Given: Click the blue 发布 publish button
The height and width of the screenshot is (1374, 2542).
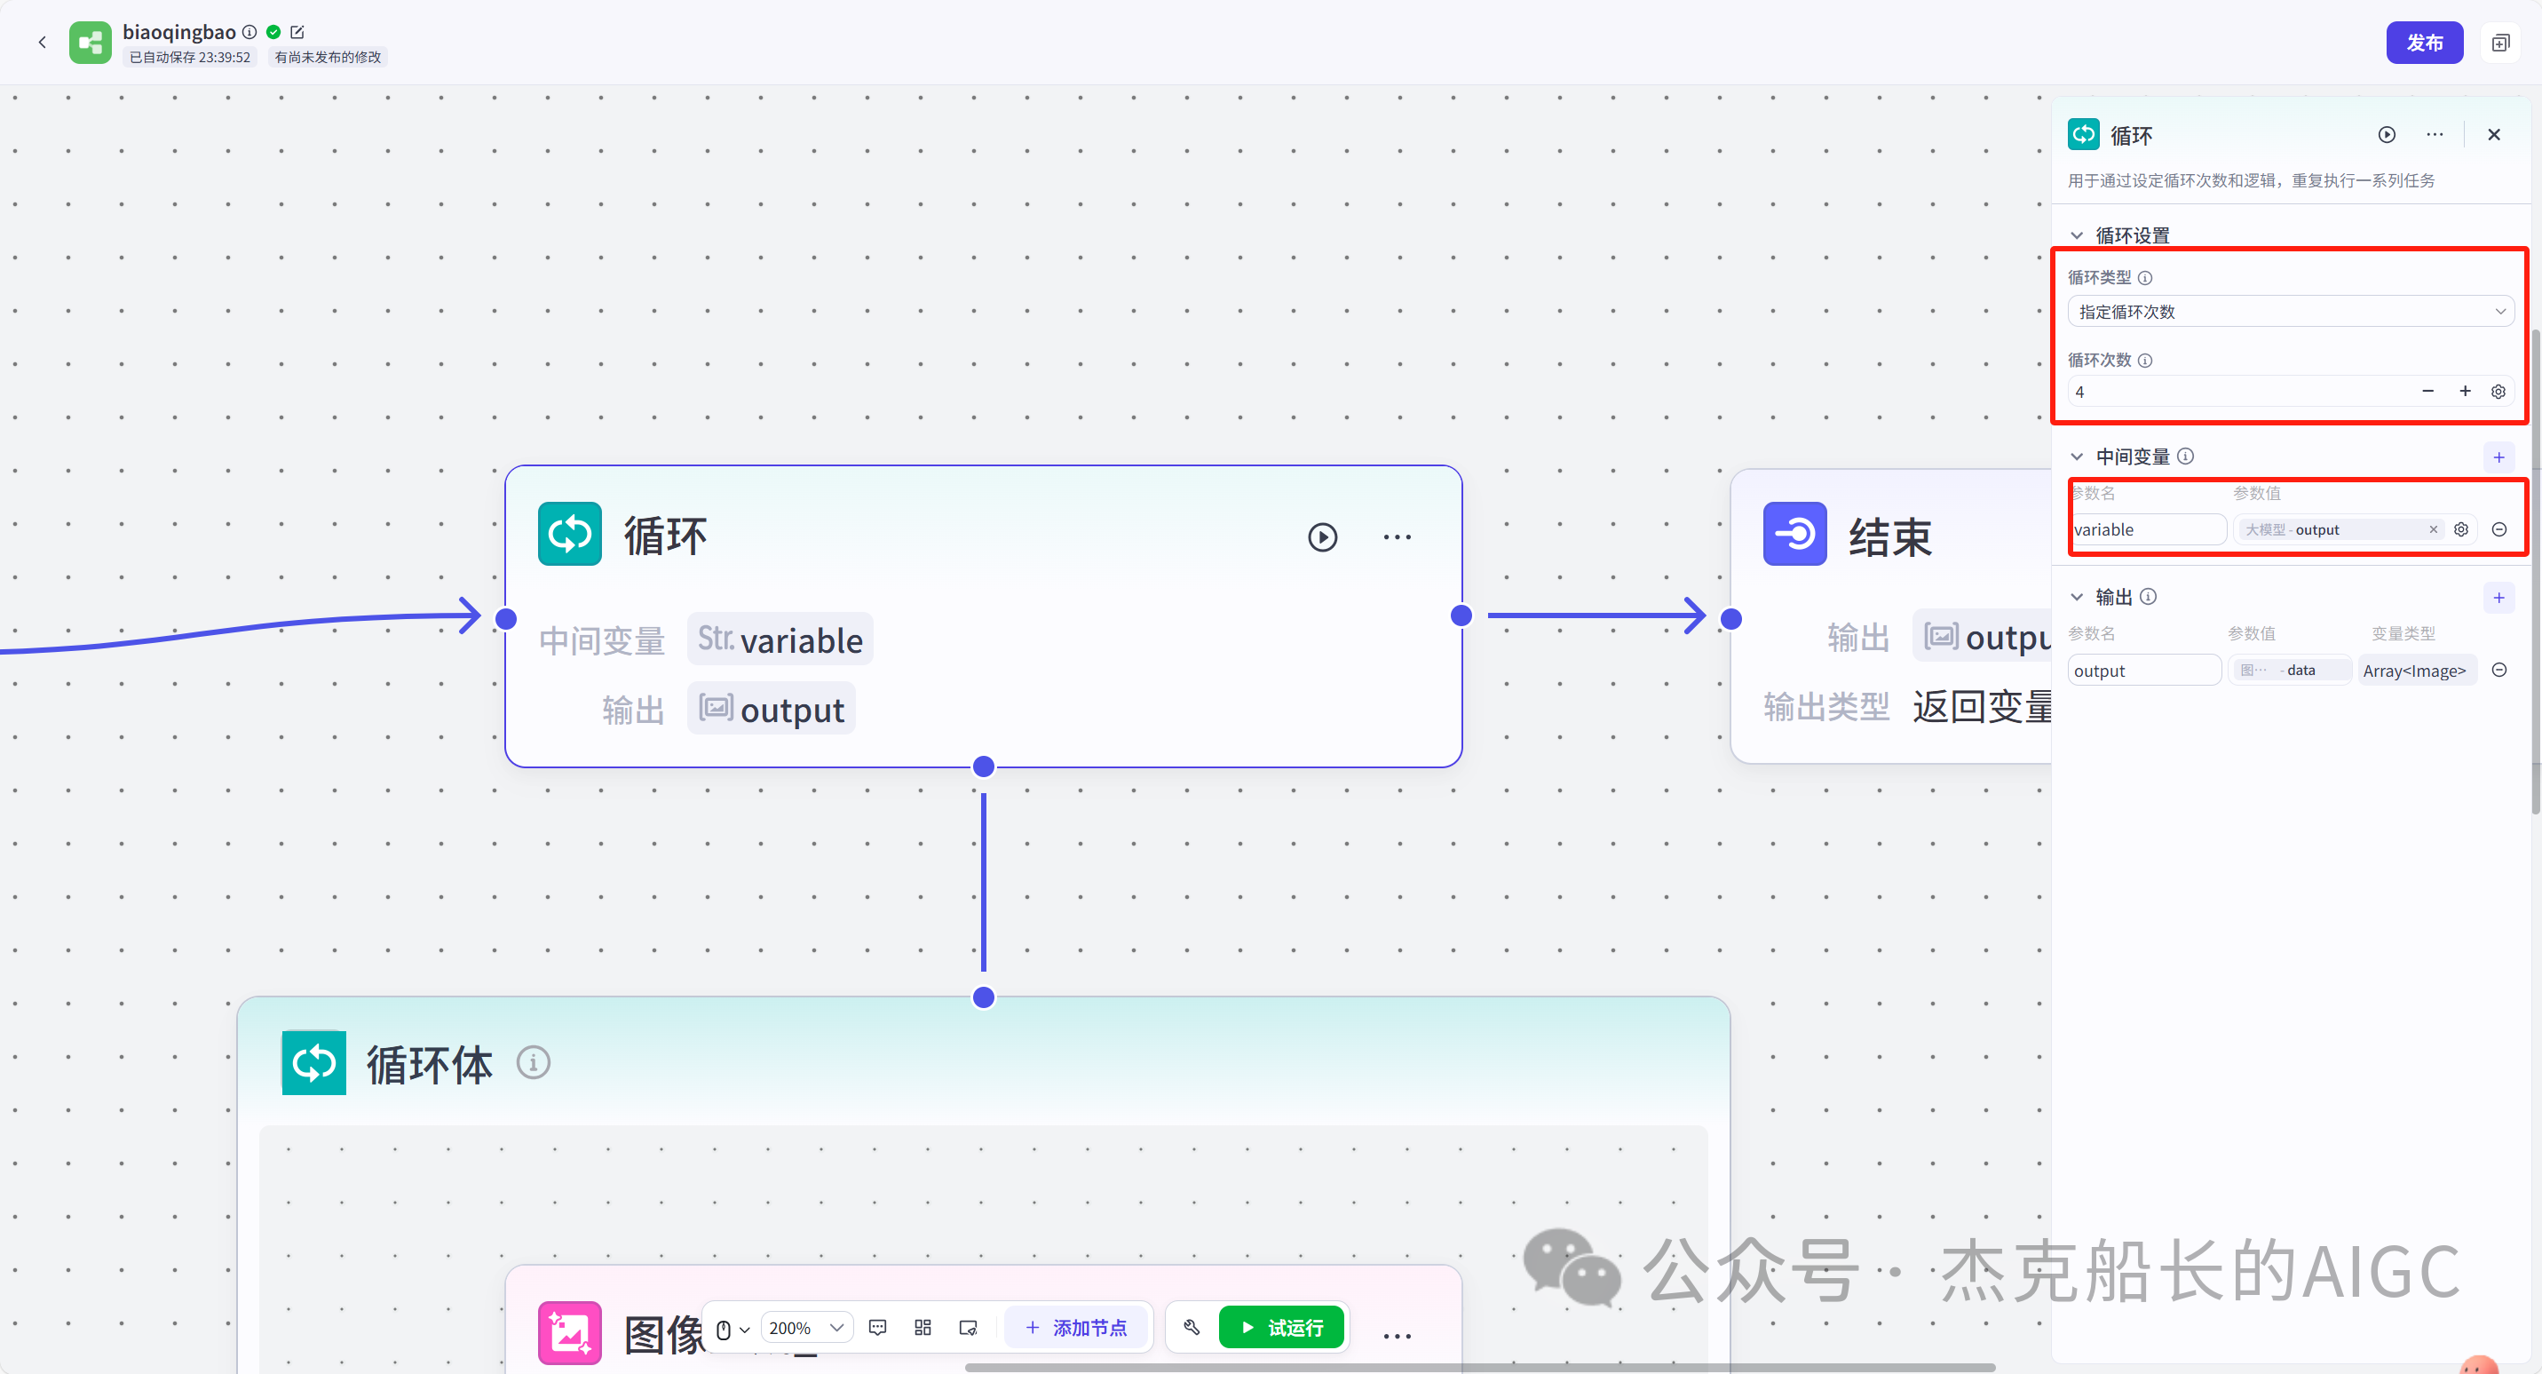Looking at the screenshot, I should pos(2424,43).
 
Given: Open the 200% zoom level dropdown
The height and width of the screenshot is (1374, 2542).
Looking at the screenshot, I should pos(806,1328).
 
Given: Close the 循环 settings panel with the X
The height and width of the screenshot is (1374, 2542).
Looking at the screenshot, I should pos(2494,134).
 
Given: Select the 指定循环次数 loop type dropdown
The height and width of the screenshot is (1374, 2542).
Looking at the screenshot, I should pos(2289,312).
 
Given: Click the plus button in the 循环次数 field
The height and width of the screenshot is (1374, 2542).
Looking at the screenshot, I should pos(2465,392).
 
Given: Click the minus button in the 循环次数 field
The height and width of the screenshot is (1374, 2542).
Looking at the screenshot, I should pos(2427,392).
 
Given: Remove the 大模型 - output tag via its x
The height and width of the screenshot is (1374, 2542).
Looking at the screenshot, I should pos(2434,530).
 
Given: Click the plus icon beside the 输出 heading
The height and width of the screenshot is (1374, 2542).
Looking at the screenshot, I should pos(2498,597).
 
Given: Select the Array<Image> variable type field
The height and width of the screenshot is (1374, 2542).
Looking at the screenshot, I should pos(2415,671).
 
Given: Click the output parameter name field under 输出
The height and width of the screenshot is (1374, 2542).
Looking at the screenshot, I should pos(2142,671).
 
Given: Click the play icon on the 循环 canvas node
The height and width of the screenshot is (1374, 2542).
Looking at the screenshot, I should pos(1322,537).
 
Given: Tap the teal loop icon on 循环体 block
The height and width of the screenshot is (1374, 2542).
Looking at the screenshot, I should pos(313,1063).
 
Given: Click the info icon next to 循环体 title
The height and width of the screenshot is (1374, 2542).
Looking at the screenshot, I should pos(534,1063).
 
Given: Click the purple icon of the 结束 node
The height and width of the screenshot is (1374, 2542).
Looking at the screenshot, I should pos(1794,534).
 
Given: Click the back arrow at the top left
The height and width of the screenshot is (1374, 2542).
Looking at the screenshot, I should pos(43,43).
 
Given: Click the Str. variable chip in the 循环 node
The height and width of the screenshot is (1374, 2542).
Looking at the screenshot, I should pos(780,639).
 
